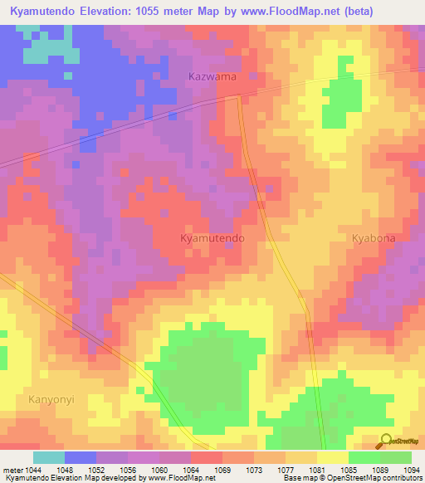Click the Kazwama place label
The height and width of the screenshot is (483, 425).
click(x=212, y=76)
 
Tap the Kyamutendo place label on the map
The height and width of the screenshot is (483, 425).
click(x=212, y=237)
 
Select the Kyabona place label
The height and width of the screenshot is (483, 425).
click(x=374, y=237)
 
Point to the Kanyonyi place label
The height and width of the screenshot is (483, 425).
click(x=51, y=399)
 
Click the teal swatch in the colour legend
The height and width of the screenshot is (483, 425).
click(x=48, y=457)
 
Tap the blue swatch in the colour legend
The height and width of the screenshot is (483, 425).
click(x=80, y=457)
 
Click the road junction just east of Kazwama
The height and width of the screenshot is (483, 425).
click(x=238, y=96)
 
